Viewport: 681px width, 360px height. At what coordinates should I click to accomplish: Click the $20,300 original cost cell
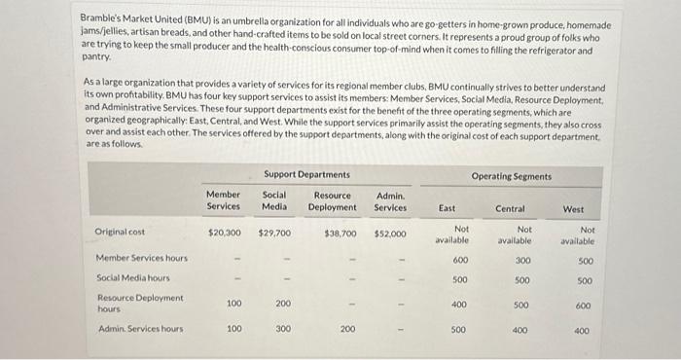(x=225, y=234)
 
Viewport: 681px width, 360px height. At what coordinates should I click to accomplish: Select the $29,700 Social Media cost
(x=275, y=234)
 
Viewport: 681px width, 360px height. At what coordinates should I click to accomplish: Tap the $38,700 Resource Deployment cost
(x=340, y=234)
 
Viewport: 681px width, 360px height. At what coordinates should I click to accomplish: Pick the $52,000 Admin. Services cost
(x=390, y=234)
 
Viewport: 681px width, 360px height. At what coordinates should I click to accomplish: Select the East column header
(x=448, y=208)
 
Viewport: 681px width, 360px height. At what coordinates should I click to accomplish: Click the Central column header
(x=510, y=208)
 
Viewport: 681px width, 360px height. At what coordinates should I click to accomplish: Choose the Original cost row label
(x=120, y=233)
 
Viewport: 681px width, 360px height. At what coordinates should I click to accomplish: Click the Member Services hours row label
(x=142, y=259)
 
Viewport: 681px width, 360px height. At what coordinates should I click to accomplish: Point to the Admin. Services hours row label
(x=140, y=329)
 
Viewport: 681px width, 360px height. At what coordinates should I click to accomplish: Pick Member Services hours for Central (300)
(x=522, y=260)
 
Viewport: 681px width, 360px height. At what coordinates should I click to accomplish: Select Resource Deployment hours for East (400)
(x=459, y=305)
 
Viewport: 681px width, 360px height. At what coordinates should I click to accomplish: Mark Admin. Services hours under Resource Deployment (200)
(x=347, y=330)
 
